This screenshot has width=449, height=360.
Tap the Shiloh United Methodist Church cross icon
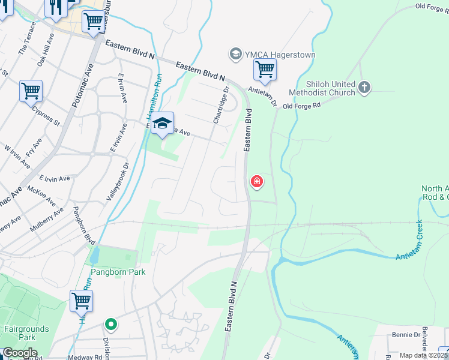[x=364, y=88]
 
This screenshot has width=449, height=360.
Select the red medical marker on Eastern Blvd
[x=256, y=181]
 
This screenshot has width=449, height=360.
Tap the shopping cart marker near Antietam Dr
[x=265, y=70]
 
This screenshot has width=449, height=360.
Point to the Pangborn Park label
[x=118, y=272]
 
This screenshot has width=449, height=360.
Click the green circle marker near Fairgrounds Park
[x=110, y=325]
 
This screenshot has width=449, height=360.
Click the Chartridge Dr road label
[x=221, y=106]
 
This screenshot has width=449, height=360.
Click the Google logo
[x=19, y=353]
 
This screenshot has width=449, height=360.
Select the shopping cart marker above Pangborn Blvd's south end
[x=81, y=302]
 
